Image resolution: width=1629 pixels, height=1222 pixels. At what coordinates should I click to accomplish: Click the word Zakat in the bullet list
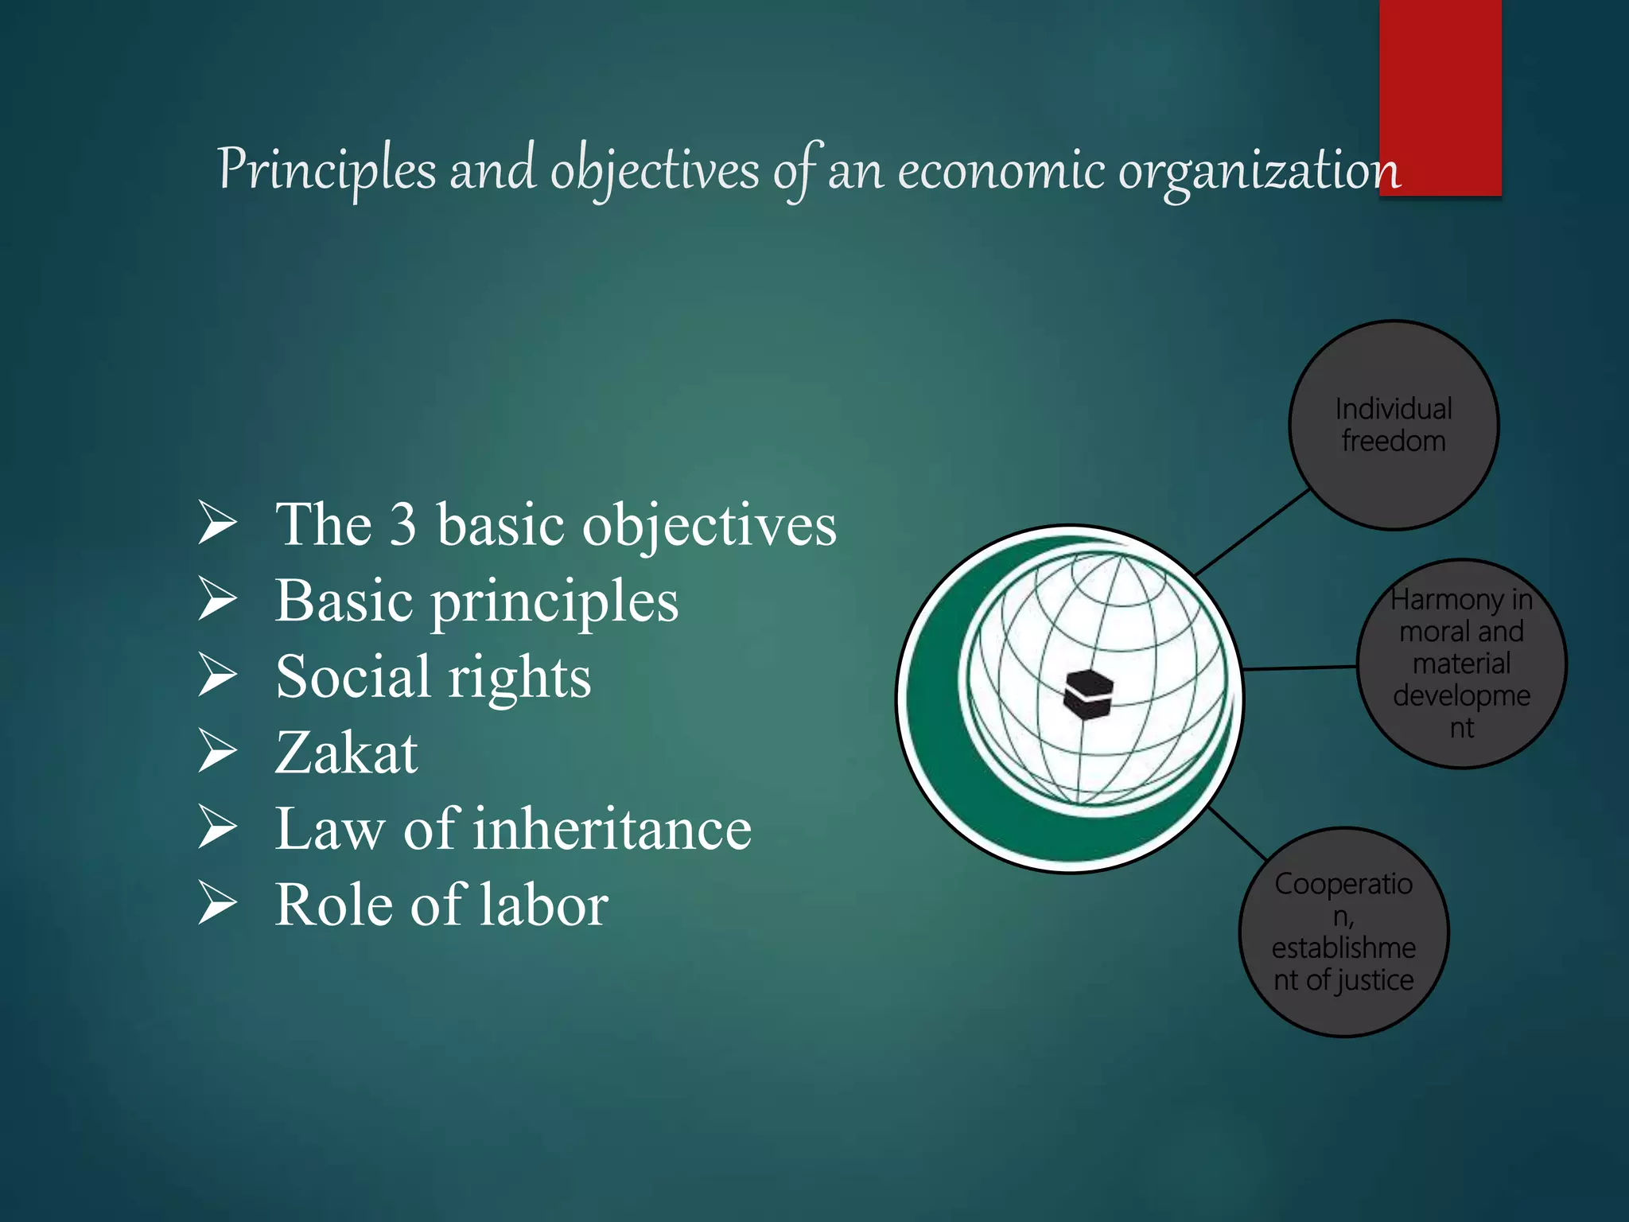346,753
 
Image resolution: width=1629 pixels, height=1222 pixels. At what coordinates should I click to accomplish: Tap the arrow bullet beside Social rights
217,675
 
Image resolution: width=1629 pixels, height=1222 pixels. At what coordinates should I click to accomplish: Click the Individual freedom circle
1394,425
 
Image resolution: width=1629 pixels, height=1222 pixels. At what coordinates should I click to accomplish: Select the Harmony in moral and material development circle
1461,664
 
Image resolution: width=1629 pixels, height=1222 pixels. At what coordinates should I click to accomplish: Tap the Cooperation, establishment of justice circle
1343,932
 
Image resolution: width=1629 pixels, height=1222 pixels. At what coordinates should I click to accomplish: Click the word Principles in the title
327,170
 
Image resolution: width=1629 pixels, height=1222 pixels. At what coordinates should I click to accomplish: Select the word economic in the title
1001,170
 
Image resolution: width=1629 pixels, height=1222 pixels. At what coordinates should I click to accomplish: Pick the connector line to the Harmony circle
1300,668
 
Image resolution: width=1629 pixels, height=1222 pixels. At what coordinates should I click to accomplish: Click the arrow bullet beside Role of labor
217,903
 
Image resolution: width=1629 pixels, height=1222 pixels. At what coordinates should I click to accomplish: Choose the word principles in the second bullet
554,601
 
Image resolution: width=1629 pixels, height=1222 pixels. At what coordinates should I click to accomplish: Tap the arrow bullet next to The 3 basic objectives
217,523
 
